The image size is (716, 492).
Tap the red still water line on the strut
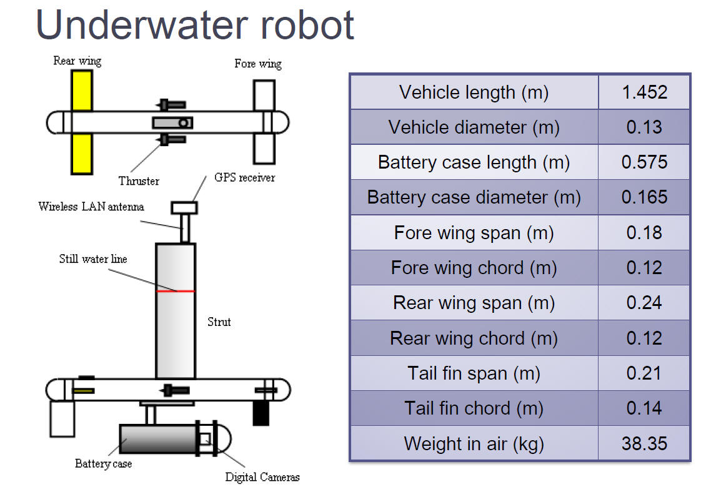(176, 291)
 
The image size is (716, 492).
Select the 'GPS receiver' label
(244, 177)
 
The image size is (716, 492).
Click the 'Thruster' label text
(139, 181)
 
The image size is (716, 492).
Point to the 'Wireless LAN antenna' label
(91, 207)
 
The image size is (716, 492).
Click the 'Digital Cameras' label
(262, 478)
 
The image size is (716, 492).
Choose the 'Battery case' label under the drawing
(103, 463)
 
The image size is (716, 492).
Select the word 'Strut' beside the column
(219, 322)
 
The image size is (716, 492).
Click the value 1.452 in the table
(644, 92)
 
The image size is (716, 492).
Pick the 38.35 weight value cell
(644, 444)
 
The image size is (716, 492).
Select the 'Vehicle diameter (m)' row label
(474, 127)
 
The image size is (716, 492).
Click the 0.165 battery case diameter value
(644, 197)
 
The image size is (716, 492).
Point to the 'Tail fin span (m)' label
(474, 373)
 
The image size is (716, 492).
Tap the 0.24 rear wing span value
(644, 303)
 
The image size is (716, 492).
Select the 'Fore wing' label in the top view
(258, 64)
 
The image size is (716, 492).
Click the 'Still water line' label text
(93, 258)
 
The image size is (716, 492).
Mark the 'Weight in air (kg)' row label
(474, 444)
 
